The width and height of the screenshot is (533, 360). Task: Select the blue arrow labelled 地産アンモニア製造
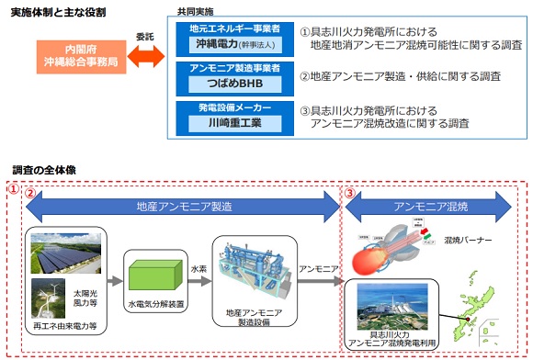(x=184, y=207)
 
